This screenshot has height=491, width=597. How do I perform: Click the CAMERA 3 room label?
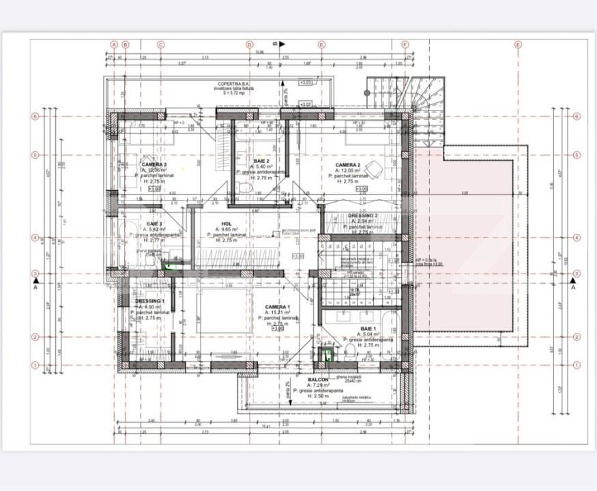[x=154, y=164]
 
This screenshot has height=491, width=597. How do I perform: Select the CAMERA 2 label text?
[x=347, y=165]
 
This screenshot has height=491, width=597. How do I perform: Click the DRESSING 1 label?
[x=149, y=301]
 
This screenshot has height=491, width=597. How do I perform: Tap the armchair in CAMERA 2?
[x=373, y=168]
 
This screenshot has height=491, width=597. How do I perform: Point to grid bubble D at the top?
[x=250, y=44]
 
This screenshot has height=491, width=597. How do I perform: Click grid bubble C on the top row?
[x=161, y=44]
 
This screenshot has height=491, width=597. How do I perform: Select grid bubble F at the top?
[x=405, y=44]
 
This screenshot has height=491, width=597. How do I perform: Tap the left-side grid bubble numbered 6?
[x=35, y=116]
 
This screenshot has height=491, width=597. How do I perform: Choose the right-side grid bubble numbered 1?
[x=577, y=365]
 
